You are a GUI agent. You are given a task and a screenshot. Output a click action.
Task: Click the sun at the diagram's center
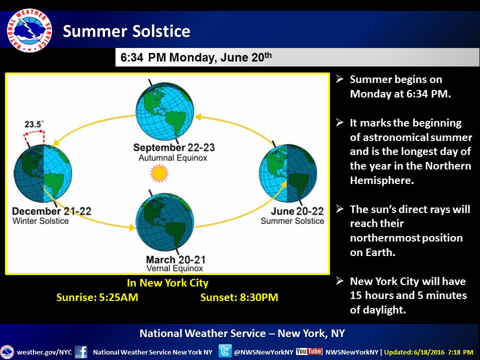[x=159, y=173]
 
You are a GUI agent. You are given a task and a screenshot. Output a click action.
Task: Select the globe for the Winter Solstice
[x=43, y=173]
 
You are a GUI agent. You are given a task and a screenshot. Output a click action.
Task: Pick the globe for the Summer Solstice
[x=288, y=173]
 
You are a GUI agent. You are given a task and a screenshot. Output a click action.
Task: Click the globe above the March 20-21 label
[x=164, y=222]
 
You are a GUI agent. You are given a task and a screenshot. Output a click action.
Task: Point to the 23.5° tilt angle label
[x=34, y=124]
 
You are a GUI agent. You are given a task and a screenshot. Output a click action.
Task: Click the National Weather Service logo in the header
[x=29, y=30]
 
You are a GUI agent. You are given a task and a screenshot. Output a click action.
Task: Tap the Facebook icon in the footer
[x=81, y=351]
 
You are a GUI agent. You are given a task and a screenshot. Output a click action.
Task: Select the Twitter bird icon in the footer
[x=224, y=351]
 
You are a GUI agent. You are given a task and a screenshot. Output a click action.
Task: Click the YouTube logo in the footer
[x=309, y=351]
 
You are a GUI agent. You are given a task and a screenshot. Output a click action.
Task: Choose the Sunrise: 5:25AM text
[x=97, y=297]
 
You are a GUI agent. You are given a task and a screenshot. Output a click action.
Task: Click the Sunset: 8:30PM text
[x=239, y=297]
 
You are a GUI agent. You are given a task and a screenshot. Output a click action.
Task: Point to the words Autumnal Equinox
[x=173, y=158]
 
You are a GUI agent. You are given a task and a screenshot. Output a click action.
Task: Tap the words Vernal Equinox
[x=175, y=268]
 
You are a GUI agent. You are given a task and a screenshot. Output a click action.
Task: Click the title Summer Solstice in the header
[x=126, y=31]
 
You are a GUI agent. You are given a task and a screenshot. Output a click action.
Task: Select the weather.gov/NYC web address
[x=44, y=352]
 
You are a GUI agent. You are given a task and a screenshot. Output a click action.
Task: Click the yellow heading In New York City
[x=168, y=283]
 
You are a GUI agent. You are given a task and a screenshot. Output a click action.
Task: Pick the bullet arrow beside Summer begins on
[x=339, y=78]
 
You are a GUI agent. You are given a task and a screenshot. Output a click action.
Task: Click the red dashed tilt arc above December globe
[x=33, y=131]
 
